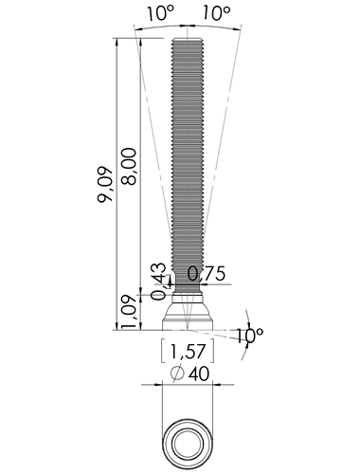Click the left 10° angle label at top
160,13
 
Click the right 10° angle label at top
216,13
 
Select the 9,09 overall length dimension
105,185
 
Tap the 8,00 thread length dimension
129,166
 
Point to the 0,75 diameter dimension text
207,274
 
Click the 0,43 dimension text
158,282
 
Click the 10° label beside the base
249,336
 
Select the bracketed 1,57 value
188,352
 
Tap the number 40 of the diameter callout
199,374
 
